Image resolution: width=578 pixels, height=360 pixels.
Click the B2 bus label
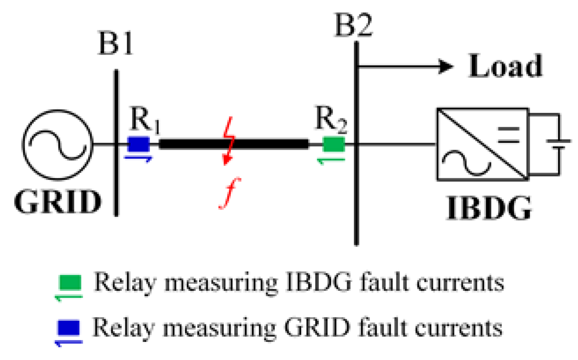pos(354,26)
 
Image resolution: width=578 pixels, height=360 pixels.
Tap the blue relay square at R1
pos(139,144)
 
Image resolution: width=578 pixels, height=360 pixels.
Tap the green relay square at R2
pos(334,144)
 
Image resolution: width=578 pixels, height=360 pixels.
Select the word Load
pos(505,67)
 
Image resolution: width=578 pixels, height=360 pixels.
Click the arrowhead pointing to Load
pos(446,67)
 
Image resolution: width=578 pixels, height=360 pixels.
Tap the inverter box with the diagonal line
pos(482,144)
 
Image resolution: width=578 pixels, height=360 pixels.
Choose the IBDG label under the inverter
pos(488,209)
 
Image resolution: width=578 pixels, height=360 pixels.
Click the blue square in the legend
pos(70,328)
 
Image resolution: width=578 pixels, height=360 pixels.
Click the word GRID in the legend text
pos(331,328)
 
